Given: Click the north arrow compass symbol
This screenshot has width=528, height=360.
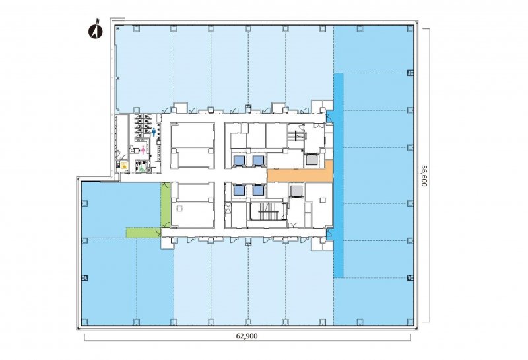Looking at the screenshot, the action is (x=95, y=29).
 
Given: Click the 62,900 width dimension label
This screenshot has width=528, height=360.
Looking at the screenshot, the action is (x=247, y=336).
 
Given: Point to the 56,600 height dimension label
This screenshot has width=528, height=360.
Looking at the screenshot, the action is (x=423, y=175).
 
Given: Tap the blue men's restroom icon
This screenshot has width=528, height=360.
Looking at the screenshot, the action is (x=154, y=132).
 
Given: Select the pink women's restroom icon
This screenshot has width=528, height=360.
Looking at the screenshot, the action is (x=143, y=150).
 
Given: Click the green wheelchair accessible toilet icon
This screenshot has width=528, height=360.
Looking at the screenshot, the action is (x=142, y=166).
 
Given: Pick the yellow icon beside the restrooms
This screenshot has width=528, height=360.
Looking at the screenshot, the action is (x=124, y=166).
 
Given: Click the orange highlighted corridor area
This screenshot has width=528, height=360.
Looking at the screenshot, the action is (x=300, y=173).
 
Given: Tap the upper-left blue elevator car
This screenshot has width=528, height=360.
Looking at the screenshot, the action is (x=239, y=160).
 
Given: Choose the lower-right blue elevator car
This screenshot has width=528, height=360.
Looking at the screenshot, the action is (x=258, y=190).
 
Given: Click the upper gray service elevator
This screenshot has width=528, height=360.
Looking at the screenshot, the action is (x=311, y=160).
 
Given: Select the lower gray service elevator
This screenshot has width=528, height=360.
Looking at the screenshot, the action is (x=296, y=190).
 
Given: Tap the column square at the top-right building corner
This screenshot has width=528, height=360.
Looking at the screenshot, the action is (x=410, y=28).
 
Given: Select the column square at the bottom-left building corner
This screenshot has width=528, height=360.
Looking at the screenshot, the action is (x=84, y=322).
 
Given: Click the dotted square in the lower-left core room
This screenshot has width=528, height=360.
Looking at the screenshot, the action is (x=180, y=209).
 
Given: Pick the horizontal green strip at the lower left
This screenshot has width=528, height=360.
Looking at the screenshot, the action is (x=143, y=233).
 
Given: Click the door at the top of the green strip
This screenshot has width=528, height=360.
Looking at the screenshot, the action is (x=166, y=185).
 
